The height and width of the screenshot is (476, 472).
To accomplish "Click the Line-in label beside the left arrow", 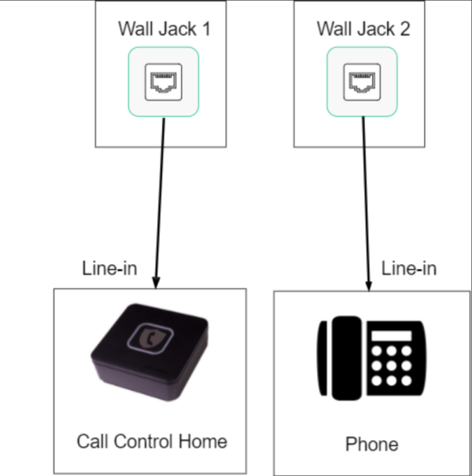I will coord(109,268).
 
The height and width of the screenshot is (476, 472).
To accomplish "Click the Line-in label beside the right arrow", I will coord(408,268).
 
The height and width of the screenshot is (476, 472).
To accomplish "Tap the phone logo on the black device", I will coord(149,338).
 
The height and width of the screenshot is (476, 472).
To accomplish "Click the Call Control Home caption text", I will coord(151,440).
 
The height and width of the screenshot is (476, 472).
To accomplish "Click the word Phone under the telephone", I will coord(371,445).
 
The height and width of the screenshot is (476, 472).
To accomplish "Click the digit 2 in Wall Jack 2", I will coord(407,30).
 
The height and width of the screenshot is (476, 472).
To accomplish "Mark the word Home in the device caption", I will coord(206,440).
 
